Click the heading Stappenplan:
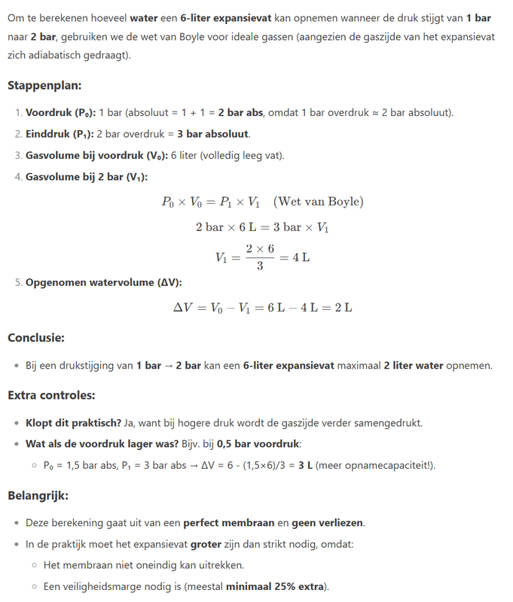(x=44, y=86)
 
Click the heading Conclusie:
(x=35, y=338)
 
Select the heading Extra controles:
(x=50, y=394)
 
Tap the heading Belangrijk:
(x=37, y=496)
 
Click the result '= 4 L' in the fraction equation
(x=295, y=257)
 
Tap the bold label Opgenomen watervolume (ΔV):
(x=103, y=283)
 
